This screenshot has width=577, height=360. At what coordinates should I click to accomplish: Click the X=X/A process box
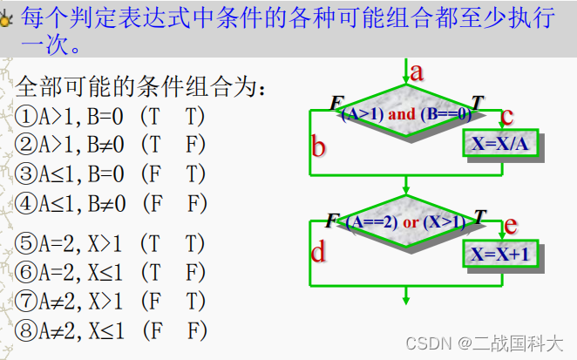point(501,144)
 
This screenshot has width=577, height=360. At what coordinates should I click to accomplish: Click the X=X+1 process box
point(501,255)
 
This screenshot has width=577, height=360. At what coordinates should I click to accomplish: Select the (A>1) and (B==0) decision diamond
point(405,113)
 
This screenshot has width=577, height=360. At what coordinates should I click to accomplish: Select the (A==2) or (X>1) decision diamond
point(405,222)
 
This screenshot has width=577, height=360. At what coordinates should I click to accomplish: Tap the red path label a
point(417,72)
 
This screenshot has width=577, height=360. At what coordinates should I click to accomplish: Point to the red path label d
point(319,253)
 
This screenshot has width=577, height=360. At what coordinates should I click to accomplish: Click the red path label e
point(510,226)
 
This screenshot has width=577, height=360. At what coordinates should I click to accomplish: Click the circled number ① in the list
point(25,114)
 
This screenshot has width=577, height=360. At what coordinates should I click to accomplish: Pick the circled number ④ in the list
point(25,204)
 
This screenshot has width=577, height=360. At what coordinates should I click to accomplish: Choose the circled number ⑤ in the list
point(25,243)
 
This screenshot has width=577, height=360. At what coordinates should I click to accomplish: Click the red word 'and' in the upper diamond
point(402,114)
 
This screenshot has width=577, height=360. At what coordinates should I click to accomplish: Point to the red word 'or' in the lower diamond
point(411,222)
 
